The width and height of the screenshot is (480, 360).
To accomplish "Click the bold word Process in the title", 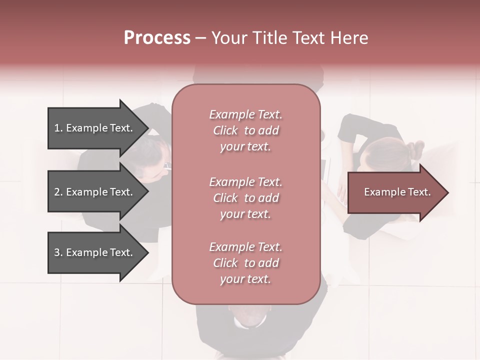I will [x=157, y=38].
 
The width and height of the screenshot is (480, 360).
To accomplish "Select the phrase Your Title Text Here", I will [x=289, y=38].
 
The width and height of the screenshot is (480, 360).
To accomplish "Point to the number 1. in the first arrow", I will [x=58, y=128].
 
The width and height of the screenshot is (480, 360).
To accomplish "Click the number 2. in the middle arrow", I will [x=58, y=192].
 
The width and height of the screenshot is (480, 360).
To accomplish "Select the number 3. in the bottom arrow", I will [x=58, y=252].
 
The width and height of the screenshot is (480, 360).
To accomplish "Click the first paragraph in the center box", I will [x=245, y=130].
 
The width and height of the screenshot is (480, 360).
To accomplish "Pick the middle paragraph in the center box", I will [x=245, y=198].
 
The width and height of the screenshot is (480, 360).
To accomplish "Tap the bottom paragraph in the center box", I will [x=245, y=263].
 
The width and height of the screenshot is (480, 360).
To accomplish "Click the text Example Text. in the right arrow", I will [x=397, y=192].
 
